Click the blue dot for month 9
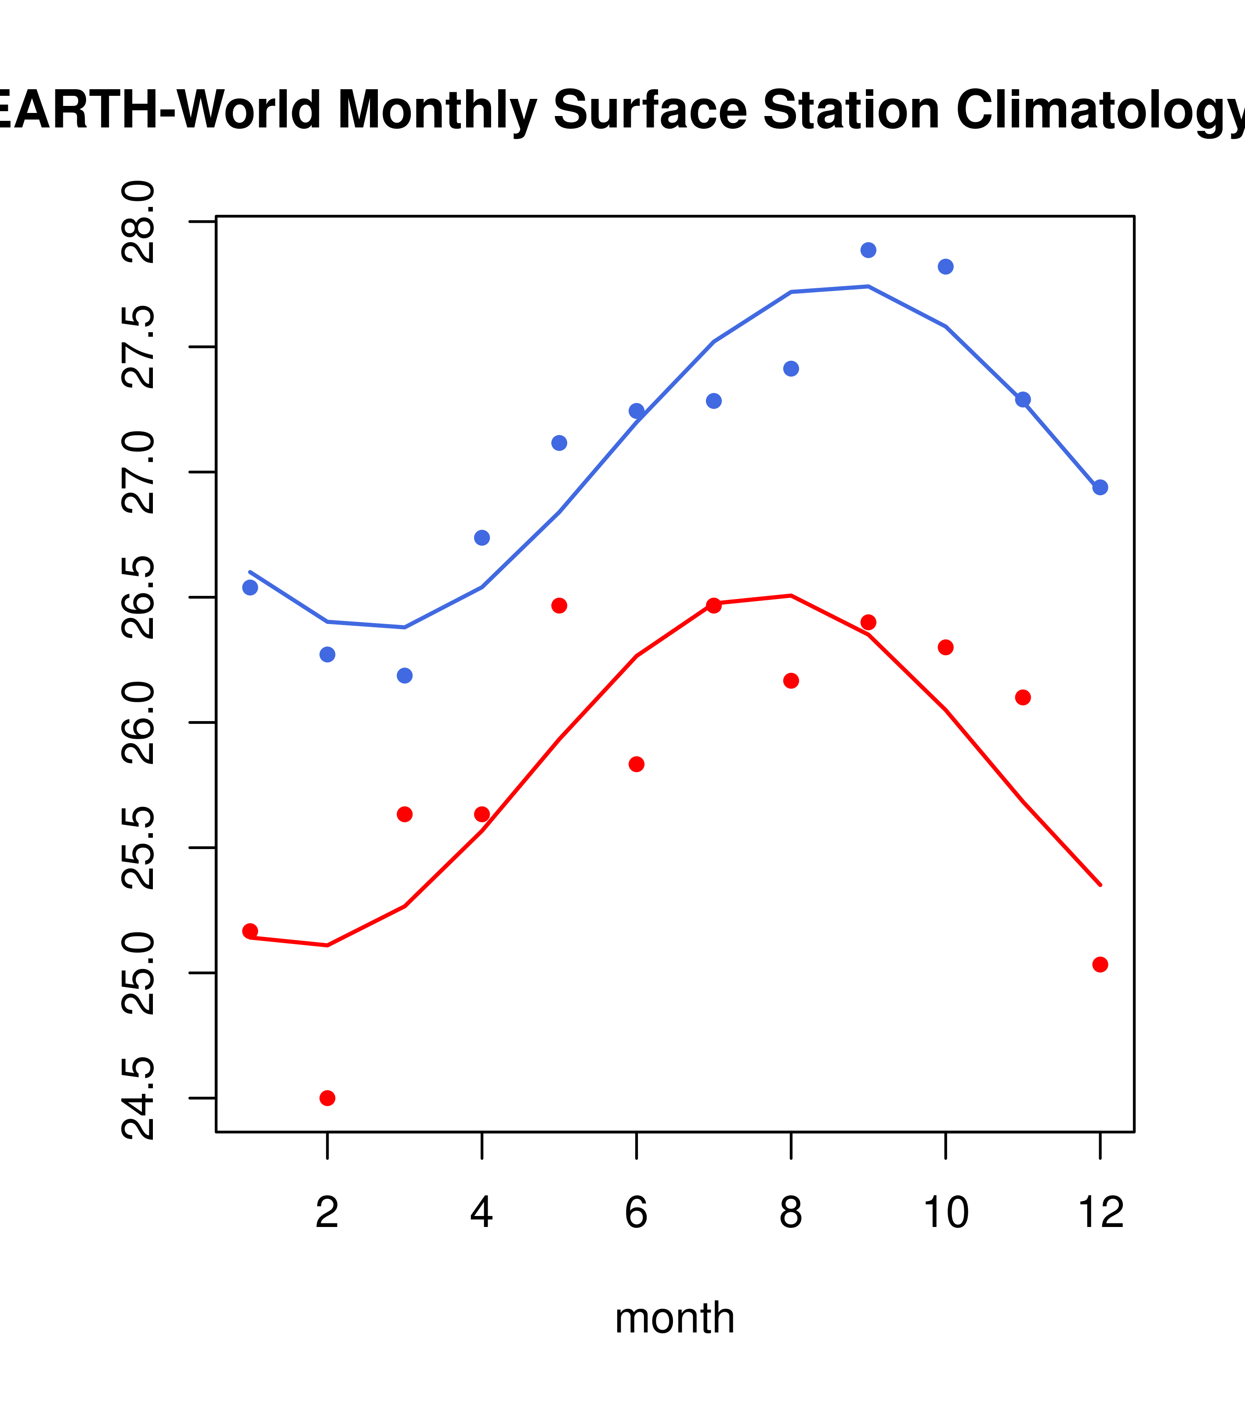868,250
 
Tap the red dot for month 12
1100,964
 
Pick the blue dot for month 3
405,676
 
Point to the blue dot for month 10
945,267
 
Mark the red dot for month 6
637,764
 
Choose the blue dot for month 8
791,369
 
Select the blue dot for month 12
1100,487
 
